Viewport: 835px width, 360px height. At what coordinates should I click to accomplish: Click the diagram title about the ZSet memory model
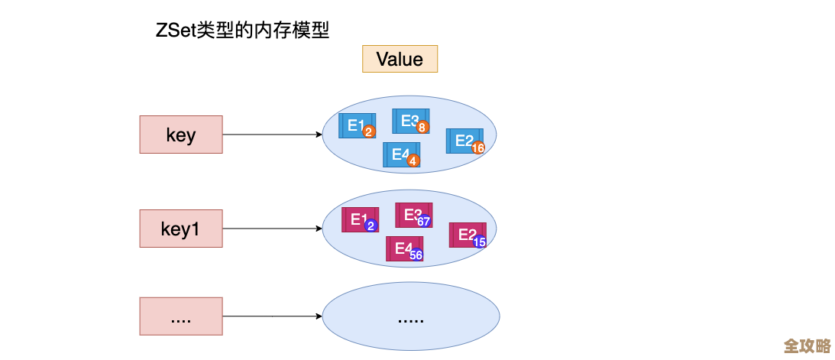coord(242,31)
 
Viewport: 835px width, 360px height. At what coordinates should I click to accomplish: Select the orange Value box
coord(400,59)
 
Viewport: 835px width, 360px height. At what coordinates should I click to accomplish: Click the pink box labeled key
coord(181,135)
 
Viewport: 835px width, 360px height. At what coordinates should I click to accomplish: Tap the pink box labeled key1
coord(181,229)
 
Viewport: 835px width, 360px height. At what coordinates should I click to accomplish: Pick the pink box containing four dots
coord(181,316)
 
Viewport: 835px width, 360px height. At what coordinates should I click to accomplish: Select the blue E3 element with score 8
coord(410,121)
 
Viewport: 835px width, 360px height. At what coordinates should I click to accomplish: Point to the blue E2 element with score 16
coord(464,141)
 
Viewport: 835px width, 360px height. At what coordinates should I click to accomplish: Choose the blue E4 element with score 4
coord(401,154)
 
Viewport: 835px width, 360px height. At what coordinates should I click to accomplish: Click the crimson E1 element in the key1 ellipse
coord(359,219)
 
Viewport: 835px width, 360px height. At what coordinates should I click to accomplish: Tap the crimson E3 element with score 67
coord(413,215)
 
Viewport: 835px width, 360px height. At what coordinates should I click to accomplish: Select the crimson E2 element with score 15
coord(467,235)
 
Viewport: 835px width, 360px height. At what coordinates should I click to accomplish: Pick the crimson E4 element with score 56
coord(404,248)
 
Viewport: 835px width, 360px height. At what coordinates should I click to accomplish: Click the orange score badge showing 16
coord(478,148)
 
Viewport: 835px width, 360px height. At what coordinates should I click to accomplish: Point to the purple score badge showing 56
coord(416,255)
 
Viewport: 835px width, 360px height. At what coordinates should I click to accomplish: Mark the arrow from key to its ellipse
coord(272,135)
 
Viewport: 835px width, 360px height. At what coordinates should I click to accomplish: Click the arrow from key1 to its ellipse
coord(272,229)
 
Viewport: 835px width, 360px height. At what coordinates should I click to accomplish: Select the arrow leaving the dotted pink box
coord(272,316)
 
